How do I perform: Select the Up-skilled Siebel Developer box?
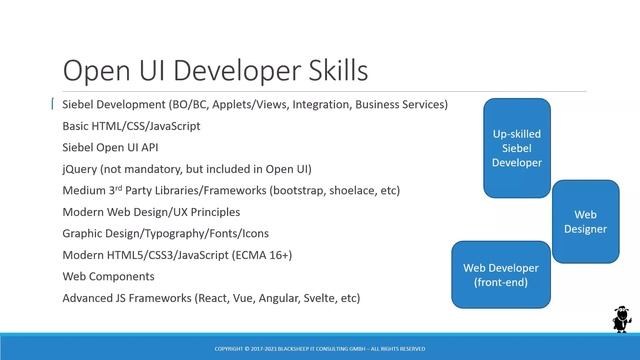pos(517,147)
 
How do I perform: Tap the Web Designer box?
pos(585,221)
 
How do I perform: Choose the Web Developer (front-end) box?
pos(500,275)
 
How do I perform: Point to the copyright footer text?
pos(320,348)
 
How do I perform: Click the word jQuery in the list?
pos(79,169)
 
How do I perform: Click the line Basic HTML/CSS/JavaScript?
pos(131,126)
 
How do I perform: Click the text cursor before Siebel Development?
pos(53,104)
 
